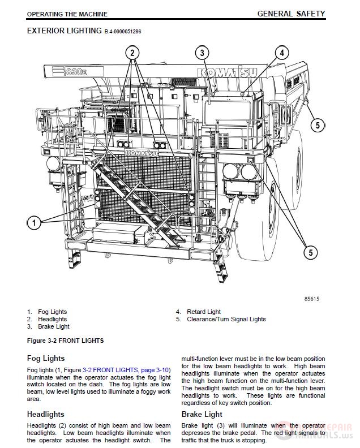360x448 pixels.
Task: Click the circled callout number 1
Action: [x=34, y=223]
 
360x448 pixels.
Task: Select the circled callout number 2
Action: [x=132, y=54]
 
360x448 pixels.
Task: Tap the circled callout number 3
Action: [x=202, y=54]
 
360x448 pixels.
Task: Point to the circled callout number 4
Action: [x=281, y=53]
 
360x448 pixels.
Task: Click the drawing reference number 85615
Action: [x=311, y=299]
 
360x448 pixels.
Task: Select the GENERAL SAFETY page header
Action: [x=291, y=13]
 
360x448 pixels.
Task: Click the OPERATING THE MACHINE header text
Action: [x=67, y=14]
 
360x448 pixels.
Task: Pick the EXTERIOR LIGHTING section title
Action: [x=64, y=31]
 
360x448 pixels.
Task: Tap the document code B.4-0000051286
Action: [x=123, y=32]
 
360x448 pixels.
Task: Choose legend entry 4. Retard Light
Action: [x=199, y=312]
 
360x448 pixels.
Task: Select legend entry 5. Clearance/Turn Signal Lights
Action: [x=221, y=319]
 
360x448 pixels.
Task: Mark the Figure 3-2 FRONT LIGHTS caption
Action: [x=65, y=341]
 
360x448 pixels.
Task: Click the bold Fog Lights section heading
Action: [x=46, y=358]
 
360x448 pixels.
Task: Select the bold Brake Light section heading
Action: [x=202, y=414]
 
